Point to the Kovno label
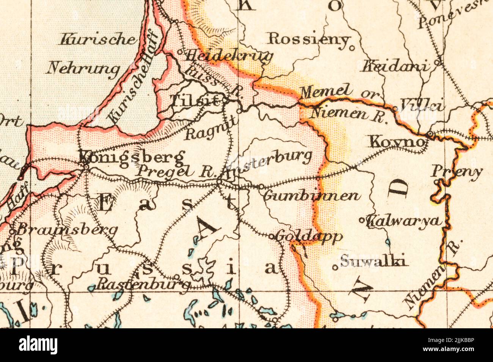pos(396,142)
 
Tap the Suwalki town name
pos(373,261)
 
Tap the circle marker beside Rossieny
pos(352,48)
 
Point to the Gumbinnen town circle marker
pos(261,186)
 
